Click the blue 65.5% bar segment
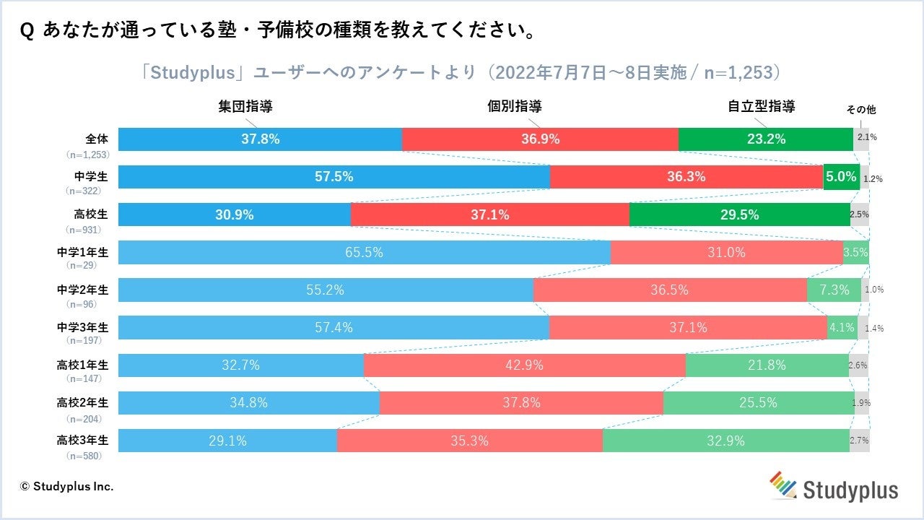(364, 253)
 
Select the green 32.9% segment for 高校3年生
(725, 441)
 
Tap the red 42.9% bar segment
(524, 365)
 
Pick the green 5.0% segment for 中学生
(841, 177)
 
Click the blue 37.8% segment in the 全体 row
(260, 139)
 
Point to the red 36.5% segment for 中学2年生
(670, 290)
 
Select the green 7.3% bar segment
(833, 290)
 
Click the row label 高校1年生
(83, 364)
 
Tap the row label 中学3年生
(83, 326)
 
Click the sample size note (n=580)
(83, 456)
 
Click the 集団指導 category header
(245, 106)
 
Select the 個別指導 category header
(515, 106)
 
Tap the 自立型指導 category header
(762, 106)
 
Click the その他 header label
(860, 110)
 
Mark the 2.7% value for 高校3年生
(860, 441)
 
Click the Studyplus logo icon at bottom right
(783, 485)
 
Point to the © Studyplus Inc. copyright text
(67, 486)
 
